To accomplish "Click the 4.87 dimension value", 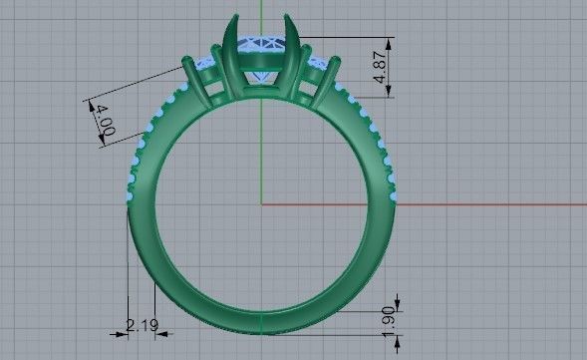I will click(x=380, y=67).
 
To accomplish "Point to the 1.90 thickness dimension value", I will click(x=389, y=320).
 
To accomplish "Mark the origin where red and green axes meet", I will click(x=261, y=203).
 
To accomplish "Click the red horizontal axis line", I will click(x=478, y=203).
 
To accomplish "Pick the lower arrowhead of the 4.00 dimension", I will click(x=104, y=144).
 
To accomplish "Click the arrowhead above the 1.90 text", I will click(x=398, y=302).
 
